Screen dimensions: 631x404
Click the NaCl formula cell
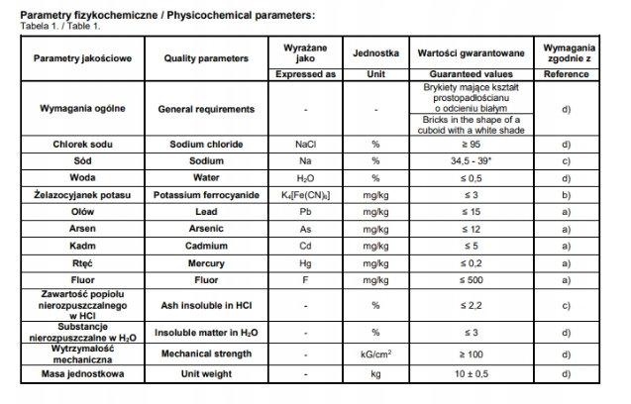[x=305, y=144]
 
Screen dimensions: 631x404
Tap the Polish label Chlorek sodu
[x=83, y=144]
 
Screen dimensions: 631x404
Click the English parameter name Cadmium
[x=207, y=245]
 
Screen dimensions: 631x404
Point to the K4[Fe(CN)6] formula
[x=305, y=194]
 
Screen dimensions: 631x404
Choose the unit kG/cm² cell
[x=375, y=353]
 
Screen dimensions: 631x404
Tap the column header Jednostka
[x=375, y=51]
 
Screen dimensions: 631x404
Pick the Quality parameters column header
[x=207, y=57]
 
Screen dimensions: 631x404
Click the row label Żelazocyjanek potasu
[x=83, y=194]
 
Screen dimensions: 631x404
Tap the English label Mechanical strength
[x=207, y=353]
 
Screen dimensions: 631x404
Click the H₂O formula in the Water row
[x=305, y=177]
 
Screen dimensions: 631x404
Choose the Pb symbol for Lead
[x=305, y=211]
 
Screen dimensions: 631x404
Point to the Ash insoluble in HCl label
[x=207, y=304]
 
